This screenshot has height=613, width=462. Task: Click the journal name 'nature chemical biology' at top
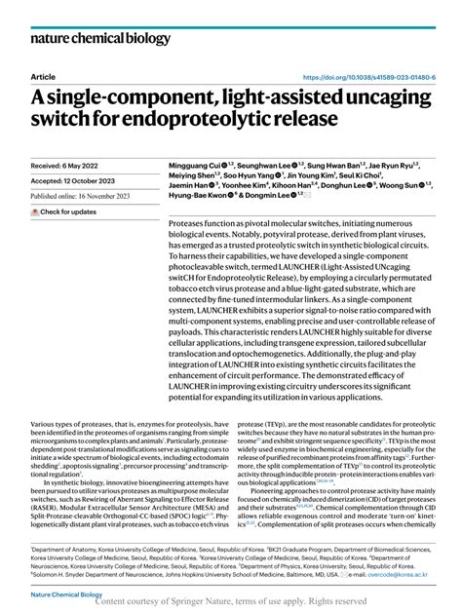[x=93, y=40]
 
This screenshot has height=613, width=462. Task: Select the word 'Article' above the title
[x=43, y=77]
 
